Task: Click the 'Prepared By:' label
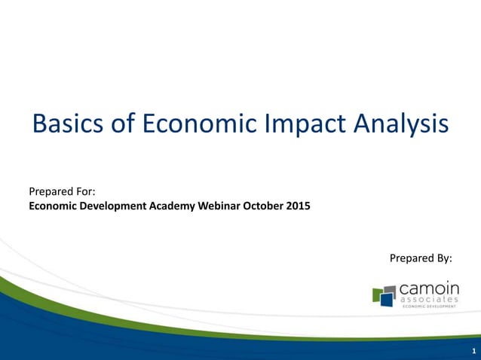point(421,258)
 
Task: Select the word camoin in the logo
point(428,288)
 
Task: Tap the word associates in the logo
point(428,300)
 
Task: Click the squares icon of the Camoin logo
point(384,294)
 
